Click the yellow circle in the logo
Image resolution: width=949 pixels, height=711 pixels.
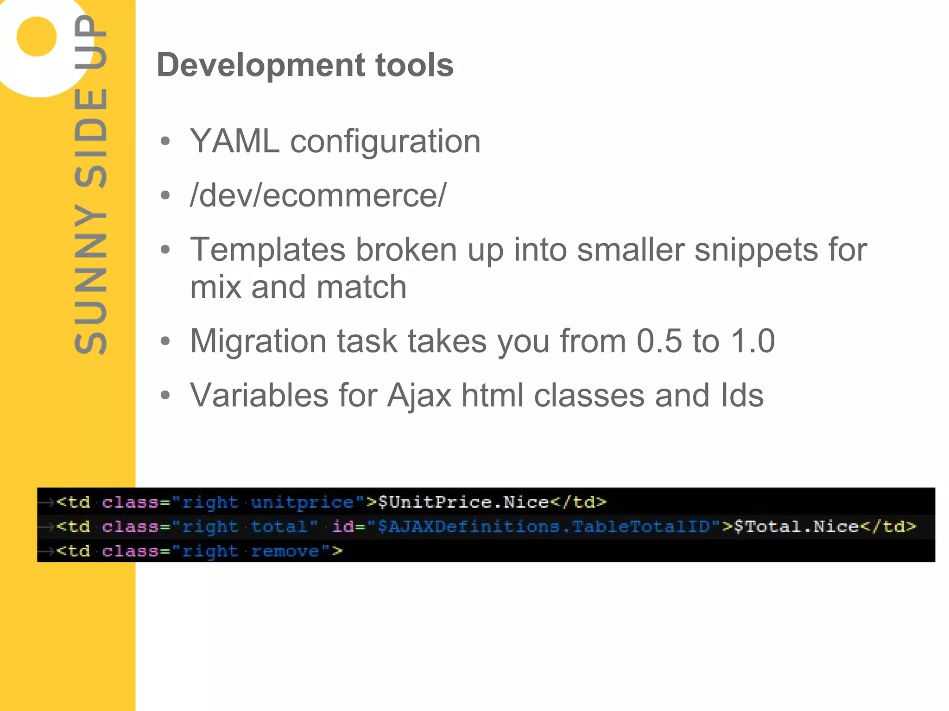[x=37, y=37]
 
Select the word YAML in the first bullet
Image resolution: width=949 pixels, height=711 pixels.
[x=234, y=141]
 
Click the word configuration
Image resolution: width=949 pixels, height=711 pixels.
[x=385, y=142]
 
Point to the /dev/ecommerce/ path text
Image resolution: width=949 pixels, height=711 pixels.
[x=318, y=195]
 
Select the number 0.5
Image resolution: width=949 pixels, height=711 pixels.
[x=659, y=341]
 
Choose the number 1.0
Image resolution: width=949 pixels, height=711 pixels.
[x=752, y=341]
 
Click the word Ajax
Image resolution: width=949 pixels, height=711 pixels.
[x=419, y=395]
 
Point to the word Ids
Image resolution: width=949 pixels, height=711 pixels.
[x=742, y=395]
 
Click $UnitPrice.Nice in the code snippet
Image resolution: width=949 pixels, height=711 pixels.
[x=463, y=502]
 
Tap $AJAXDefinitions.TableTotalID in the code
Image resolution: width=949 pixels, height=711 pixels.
[x=544, y=527]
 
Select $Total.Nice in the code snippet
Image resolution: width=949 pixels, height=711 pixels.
[x=796, y=527]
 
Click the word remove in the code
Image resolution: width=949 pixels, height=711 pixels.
[x=285, y=551]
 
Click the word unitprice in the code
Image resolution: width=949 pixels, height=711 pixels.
[x=302, y=502]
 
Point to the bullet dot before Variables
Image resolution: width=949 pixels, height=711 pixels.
[x=165, y=395]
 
